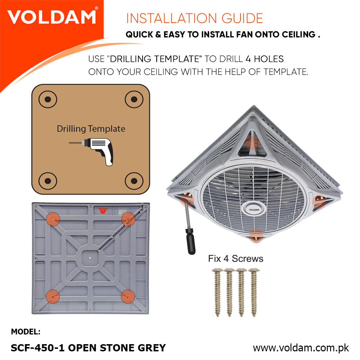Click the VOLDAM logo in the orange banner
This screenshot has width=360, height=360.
point(51,17)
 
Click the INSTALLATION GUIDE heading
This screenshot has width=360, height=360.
point(194,18)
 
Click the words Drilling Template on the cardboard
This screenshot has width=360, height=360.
point(91,129)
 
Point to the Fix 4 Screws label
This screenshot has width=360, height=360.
point(235,258)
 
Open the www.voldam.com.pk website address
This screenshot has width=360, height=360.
point(301,348)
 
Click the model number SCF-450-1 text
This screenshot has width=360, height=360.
point(38,348)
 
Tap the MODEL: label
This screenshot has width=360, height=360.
point(26,332)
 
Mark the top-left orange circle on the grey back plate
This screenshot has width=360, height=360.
point(53,219)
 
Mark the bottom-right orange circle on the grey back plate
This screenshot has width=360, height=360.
point(128,296)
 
